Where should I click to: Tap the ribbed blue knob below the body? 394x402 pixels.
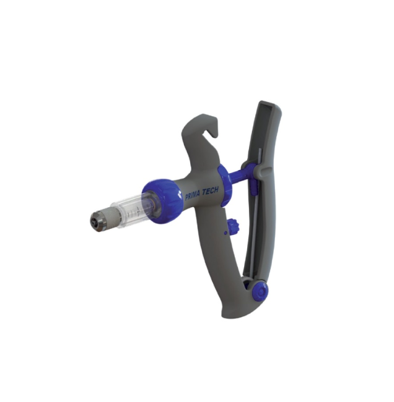(x=233, y=227)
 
